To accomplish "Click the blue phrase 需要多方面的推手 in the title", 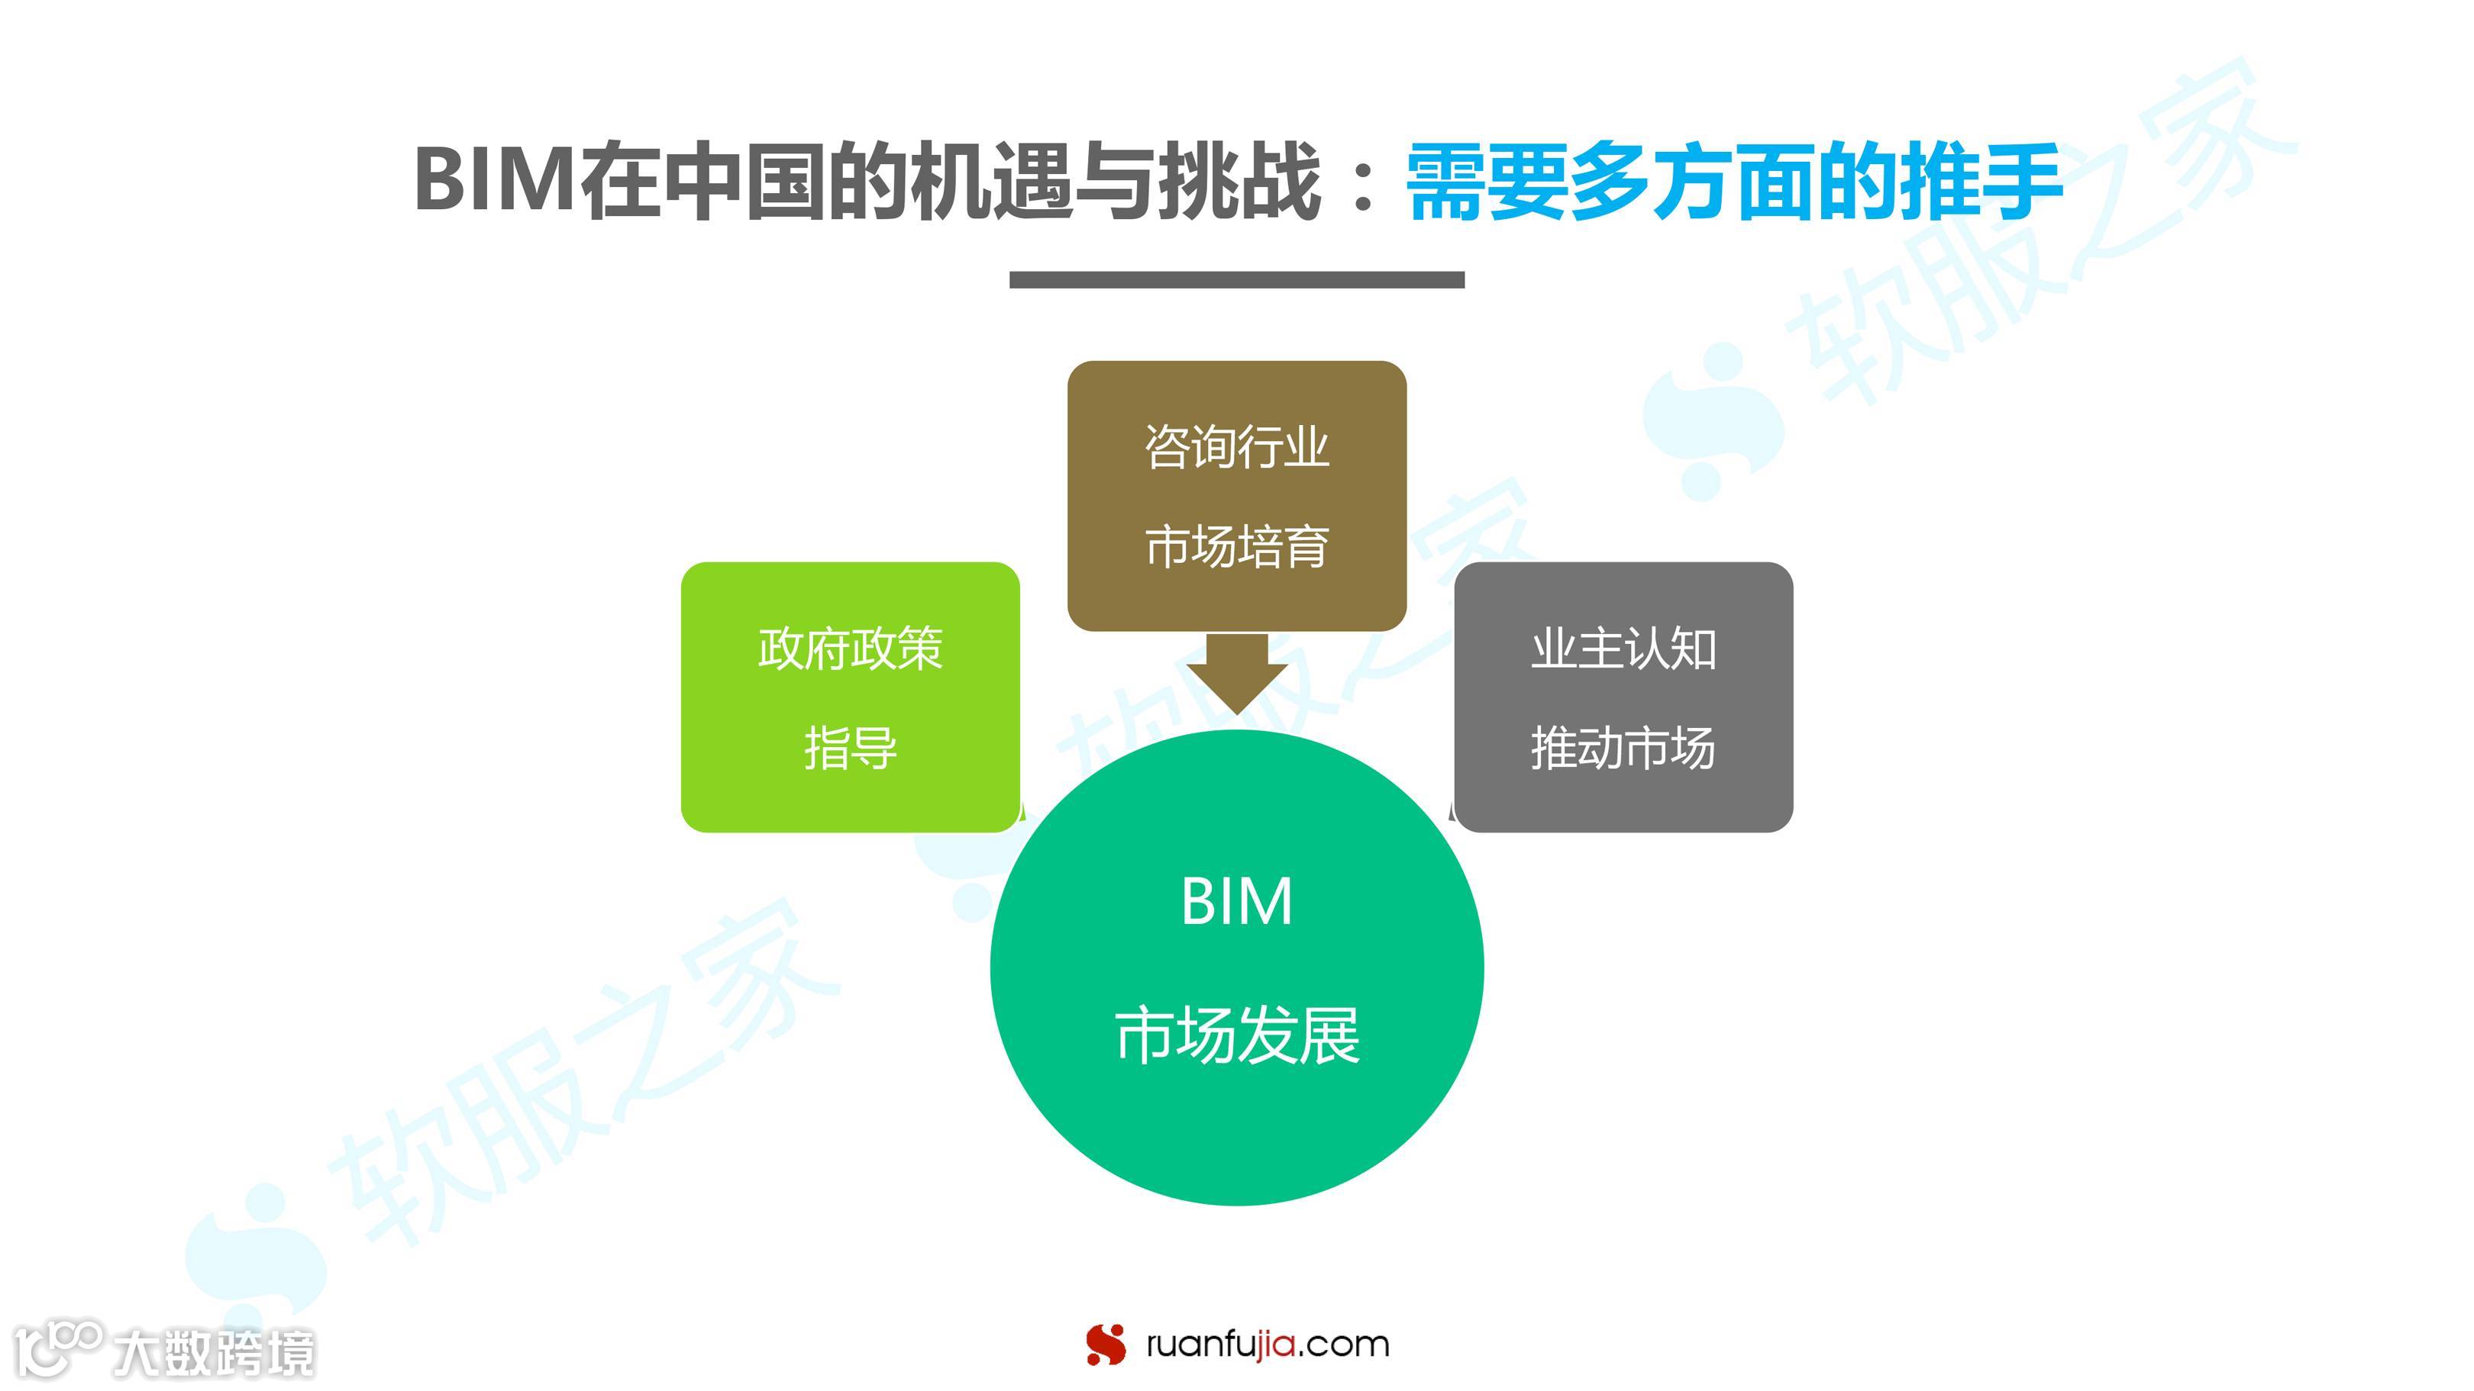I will [1733, 182].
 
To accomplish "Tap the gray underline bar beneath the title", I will [1236, 279].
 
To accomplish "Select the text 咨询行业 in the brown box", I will [1236, 447].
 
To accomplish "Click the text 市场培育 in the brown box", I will [1236, 546].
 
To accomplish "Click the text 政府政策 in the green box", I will [850, 649].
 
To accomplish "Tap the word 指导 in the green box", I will [850, 748].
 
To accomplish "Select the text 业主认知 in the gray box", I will [1623, 649].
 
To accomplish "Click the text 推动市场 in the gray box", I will [1623, 748].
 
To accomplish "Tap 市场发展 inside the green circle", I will [1236, 1035].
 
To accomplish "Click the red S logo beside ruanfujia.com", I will [1106, 1344].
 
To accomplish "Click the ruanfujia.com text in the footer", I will [1268, 1344].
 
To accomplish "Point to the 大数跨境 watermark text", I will [213, 1354].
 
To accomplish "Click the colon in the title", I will [1362, 182].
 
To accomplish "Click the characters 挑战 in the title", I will [1239, 182].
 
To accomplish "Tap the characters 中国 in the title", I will [744, 182].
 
